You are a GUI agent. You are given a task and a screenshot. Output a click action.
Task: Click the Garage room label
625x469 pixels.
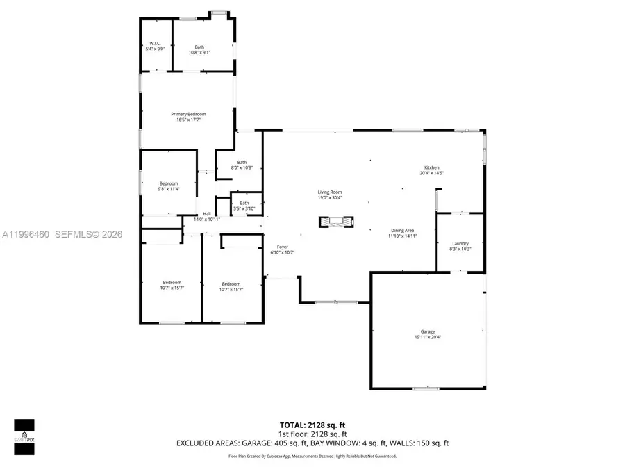pyautogui.click(x=428, y=331)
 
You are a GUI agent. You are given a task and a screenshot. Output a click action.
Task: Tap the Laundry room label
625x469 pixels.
pyautogui.click(x=459, y=244)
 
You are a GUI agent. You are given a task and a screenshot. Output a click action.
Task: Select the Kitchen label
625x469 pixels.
pyautogui.click(x=432, y=167)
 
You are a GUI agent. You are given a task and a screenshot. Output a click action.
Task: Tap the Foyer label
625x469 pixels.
pyautogui.click(x=283, y=247)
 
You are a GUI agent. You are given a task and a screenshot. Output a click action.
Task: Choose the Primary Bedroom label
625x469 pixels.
pyautogui.click(x=189, y=114)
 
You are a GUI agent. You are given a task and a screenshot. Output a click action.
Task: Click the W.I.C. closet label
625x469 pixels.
pyautogui.click(x=155, y=44)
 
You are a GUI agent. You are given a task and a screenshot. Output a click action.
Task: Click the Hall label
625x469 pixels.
pyautogui.click(x=207, y=214)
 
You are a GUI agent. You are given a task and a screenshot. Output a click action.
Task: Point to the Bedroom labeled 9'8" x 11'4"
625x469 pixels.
pyautogui.click(x=169, y=183)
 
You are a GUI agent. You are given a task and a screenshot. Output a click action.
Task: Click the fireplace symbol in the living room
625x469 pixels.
pyautogui.click(x=336, y=222)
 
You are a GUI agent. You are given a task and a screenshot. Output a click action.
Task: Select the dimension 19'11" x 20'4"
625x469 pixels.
pyautogui.click(x=428, y=337)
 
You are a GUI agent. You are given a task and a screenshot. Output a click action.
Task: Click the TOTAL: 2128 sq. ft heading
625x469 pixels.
pyautogui.click(x=312, y=424)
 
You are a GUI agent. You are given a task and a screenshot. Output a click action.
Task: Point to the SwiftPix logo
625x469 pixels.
pyautogui.click(x=24, y=436)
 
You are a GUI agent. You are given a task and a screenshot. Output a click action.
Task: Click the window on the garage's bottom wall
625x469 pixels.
pyautogui.click(x=426, y=388)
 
